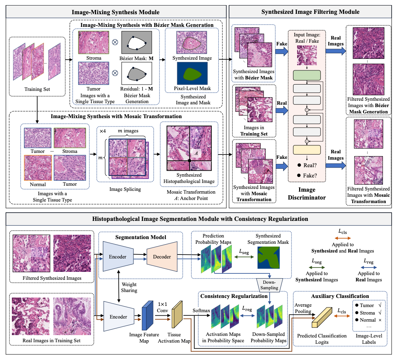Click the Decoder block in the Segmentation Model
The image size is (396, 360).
coord(163,257)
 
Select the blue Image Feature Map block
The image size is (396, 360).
coord(147,315)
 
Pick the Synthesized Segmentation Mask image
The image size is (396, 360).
coord(271,257)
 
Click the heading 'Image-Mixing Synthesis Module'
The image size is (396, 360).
coord(116,12)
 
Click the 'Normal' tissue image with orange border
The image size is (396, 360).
coord(37,168)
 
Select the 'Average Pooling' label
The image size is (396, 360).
coord(303,308)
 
